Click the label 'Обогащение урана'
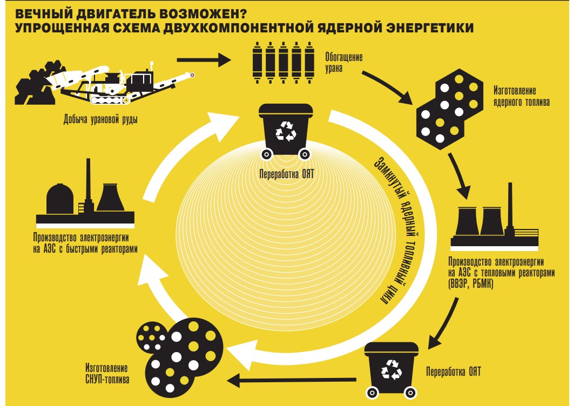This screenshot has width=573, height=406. pos(343,63)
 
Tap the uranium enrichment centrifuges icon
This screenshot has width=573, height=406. pos(283,63)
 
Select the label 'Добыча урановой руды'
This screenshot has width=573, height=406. pos(100,119)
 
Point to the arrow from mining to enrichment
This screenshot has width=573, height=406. pos(204,59)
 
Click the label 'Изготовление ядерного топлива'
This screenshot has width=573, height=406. pos(521,96)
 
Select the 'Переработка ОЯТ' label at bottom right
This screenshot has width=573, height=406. pos(453,372)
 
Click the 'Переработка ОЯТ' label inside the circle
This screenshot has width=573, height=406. pos(286,174)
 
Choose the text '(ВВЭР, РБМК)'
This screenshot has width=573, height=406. pos(471,283)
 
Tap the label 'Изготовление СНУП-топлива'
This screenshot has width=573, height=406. pos(107,374)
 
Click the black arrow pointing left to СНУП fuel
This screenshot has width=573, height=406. pos(292,381)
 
